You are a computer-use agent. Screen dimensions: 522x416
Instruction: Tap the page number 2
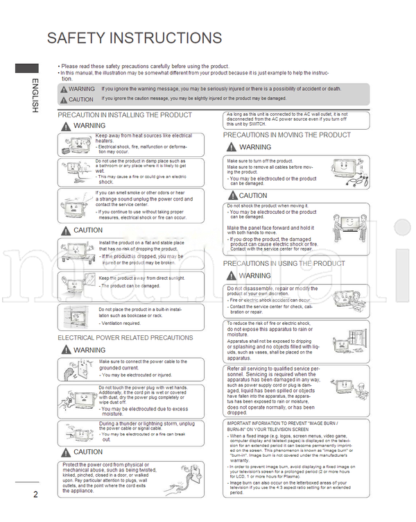click(x=35, y=494)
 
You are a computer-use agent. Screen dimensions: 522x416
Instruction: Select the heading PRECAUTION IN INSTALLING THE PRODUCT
click(x=125, y=115)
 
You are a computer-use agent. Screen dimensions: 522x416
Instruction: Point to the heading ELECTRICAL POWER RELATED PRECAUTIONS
click(x=125, y=338)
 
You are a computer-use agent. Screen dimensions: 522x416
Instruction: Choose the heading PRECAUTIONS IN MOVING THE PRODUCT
click(x=287, y=135)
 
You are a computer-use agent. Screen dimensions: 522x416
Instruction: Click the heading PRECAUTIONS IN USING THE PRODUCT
click(x=284, y=264)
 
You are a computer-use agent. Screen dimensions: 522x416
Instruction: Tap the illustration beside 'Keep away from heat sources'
click(x=76, y=144)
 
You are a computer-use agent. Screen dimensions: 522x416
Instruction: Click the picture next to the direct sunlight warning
click(x=76, y=281)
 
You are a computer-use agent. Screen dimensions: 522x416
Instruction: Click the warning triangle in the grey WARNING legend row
click(x=63, y=90)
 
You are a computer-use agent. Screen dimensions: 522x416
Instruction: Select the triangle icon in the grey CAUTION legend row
click(x=63, y=100)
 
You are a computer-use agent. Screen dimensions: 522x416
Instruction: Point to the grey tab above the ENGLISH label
click(x=27, y=68)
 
